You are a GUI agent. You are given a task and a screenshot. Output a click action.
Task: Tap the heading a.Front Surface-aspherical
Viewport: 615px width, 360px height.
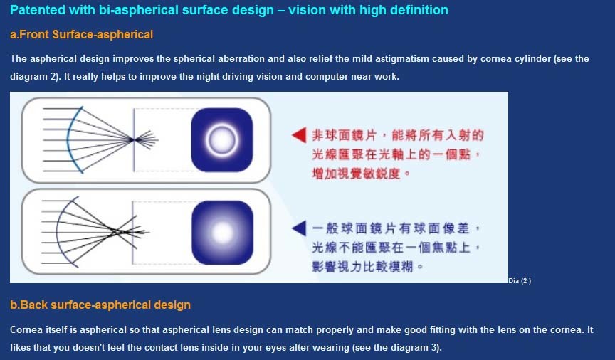click(x=82, y=35)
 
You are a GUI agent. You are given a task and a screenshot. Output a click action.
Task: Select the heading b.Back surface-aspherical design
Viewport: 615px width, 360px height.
click(x=100, y=305)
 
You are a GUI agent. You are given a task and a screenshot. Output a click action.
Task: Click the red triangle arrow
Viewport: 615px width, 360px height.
click(x=299, y=135)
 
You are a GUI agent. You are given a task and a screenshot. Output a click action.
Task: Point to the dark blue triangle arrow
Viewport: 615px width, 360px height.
click(x=299, y=228)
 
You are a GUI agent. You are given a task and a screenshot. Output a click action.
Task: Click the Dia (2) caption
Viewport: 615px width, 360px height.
click(x=520, y=281)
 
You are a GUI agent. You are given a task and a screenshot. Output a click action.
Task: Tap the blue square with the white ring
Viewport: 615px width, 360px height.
click(x=222, y=140)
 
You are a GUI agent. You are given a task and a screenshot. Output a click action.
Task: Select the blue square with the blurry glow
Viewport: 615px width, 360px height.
click(x=222, y=233)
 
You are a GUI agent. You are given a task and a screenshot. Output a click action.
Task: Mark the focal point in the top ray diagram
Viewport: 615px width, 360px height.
click(x=133, y=139)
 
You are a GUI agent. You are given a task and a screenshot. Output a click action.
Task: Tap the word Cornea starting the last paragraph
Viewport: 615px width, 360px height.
click(x=26, y=330)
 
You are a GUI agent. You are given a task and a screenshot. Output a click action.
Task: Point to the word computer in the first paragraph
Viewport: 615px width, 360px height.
click(x=326, y=76)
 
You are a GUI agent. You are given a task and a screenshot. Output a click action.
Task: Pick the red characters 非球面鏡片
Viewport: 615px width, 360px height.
click(x=345, y=135)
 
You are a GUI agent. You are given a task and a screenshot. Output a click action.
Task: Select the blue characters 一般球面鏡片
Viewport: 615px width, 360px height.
click(x=352, y=228)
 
